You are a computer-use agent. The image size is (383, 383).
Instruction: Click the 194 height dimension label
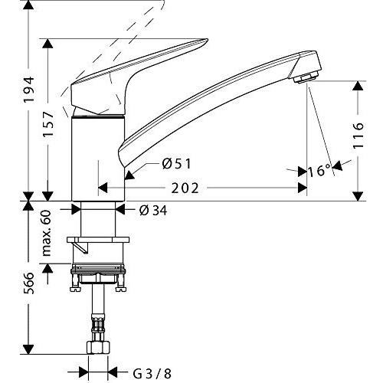pos(29,90)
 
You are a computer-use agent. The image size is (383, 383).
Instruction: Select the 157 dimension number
pos(48,125)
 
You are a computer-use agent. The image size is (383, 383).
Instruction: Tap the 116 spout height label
pos(358,136)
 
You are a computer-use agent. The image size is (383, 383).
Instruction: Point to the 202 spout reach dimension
pos(185,188)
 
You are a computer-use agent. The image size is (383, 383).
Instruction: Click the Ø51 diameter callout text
pos(176,164)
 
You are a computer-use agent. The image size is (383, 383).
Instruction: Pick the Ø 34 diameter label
pos(153,211)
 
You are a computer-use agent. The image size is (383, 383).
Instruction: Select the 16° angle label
pos(319,171)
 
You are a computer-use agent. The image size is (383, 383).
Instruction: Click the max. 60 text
pos(46,233)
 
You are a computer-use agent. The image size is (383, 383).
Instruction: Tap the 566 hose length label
pos(29,283)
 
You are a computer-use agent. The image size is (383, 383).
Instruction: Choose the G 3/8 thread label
pos(152,374)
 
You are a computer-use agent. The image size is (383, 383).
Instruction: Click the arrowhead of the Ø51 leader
pos(129,175)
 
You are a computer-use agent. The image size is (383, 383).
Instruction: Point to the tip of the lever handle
pos(208,40)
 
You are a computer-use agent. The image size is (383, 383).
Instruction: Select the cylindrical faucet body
pos(98,159)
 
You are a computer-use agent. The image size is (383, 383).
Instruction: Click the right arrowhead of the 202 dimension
pos(303,188)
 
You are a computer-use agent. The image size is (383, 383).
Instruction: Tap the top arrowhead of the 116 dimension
pos(358,86)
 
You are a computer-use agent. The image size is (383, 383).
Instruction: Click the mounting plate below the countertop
pos(98,240)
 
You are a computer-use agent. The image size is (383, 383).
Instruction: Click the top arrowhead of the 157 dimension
pos(48,44)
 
